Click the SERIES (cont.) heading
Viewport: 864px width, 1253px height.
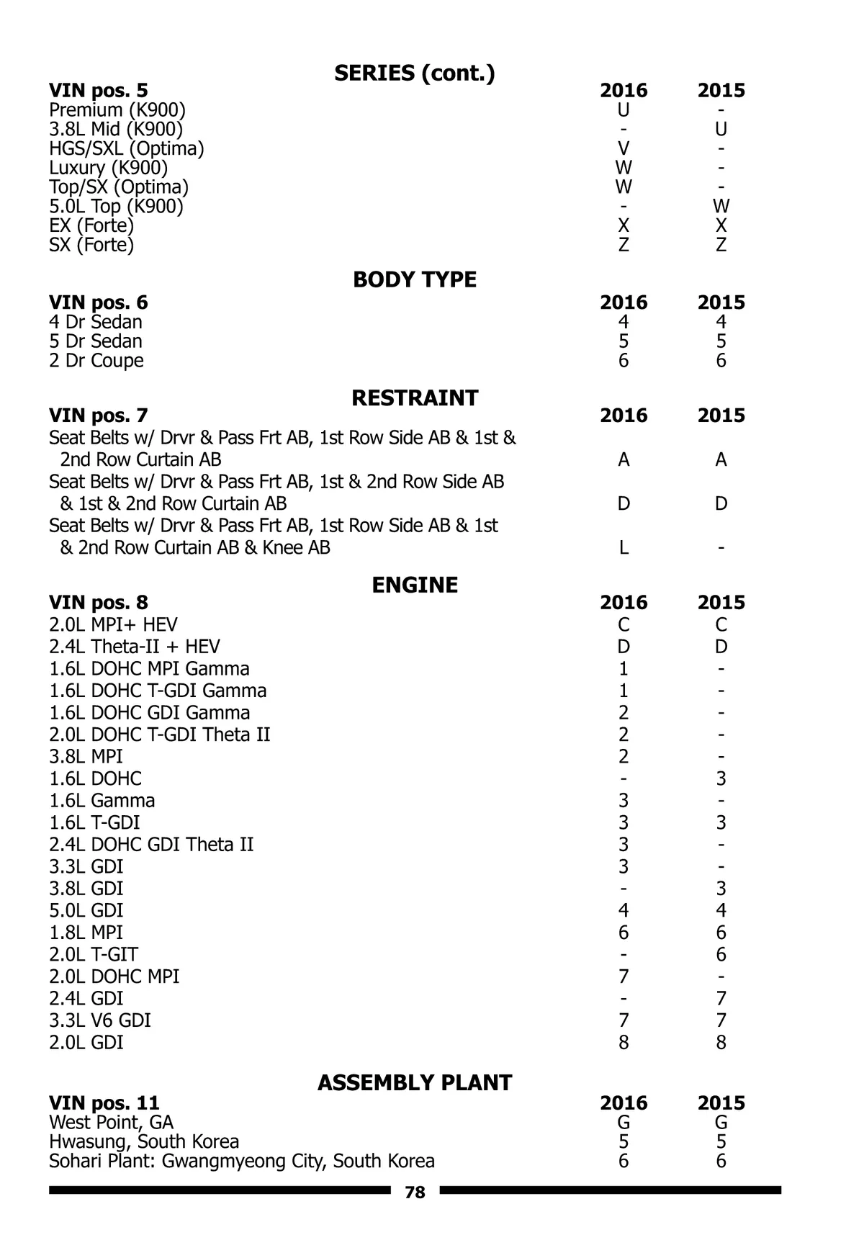coord(414,73)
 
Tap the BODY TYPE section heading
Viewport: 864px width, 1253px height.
coord(414,279)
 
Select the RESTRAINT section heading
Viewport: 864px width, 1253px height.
coord(414,398)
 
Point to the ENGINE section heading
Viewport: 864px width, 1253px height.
coord(414,584)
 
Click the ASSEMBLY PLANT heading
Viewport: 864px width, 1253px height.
coord(414,1082)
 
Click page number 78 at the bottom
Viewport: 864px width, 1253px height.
coord(415,1193)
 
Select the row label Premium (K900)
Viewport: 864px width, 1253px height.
coord(117,110)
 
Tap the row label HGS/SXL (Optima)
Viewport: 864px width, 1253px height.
coord(127,148)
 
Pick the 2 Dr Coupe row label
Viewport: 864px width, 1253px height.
coord(96,360)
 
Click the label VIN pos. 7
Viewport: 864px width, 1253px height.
coord(99,416)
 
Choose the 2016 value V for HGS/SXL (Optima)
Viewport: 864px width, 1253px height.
coord(624,148)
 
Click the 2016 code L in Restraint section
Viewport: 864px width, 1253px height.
coord(624,547)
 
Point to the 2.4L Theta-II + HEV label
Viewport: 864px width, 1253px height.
coord(135,647)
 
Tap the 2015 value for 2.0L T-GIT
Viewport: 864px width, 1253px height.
coord(721,955)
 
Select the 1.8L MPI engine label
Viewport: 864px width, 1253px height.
coord(86,933)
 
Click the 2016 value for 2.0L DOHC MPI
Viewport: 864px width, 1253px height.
coord(624,976)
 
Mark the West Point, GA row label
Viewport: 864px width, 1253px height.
coord(112,1122)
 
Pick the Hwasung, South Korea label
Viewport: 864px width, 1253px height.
coord(144,1141)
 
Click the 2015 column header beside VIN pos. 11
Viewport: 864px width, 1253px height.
coord(721,1102)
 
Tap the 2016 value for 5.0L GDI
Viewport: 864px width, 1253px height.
coord(624,911)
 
